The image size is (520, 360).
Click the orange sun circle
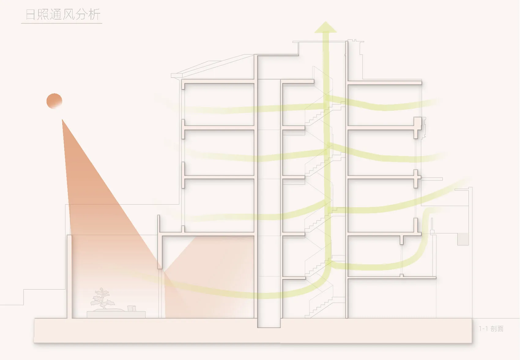point(54,101)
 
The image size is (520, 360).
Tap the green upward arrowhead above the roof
point(325,27)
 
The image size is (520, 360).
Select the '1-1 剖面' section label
point(491,329)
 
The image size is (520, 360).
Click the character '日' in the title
point(30,15)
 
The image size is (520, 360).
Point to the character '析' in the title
point(94,15)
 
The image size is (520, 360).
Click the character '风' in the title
point(69,15)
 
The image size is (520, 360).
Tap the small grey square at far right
point(463,239)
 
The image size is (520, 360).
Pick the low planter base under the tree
point(116,314)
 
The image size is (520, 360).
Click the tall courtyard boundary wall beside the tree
point(69,277)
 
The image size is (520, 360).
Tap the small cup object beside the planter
point(132,308)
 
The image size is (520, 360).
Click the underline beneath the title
point(61,23)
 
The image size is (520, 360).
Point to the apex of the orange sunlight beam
point(62,119)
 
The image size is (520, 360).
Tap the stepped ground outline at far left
point(24,297)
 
